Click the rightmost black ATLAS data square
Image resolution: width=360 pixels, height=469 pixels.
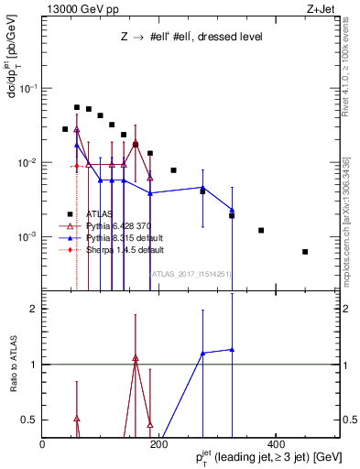(x=305, y=251)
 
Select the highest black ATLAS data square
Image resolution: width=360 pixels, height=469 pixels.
(x=77, y=107)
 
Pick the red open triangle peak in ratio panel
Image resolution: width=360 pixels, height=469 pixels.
(x=136, y=358)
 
